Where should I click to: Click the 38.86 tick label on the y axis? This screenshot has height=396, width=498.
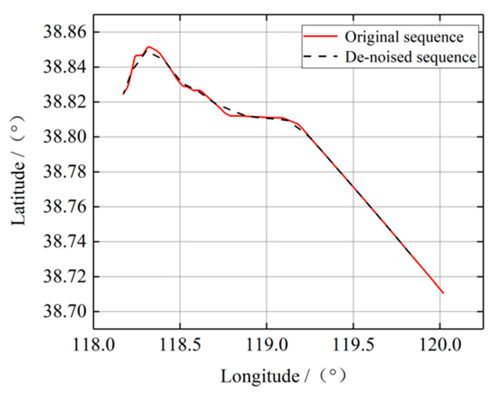point(65,32)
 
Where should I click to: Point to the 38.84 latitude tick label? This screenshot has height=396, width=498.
point(65,67)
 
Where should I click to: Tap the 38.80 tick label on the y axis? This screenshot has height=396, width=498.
point(65,137)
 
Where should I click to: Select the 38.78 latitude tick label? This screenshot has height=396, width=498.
point(65,172)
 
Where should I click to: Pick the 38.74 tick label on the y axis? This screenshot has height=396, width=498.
point(65,242)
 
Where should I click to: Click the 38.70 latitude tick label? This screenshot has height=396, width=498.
point(65,312)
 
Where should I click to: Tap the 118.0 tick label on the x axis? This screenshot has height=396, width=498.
point(93,346)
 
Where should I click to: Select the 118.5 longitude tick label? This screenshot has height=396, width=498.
point(180,346)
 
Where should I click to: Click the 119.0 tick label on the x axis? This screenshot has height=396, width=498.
point(266,346)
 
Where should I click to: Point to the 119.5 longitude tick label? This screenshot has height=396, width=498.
point(353,346)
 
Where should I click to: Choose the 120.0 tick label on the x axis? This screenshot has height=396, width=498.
point(440,346)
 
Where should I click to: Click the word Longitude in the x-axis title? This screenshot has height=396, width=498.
point(260,376)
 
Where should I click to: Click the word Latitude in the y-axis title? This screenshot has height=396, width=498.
point(18,193)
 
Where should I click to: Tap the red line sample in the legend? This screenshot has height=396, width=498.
point(320,37)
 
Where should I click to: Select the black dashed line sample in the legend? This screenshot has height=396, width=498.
point(320,57)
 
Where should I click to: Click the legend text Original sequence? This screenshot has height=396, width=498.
point(404,37)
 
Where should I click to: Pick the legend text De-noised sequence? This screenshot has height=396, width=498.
point(410,57)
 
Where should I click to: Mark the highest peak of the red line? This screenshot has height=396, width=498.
point(148,47)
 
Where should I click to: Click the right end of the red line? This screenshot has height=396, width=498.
point(443,293)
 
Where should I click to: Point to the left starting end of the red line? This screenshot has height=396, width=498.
point(123,94)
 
